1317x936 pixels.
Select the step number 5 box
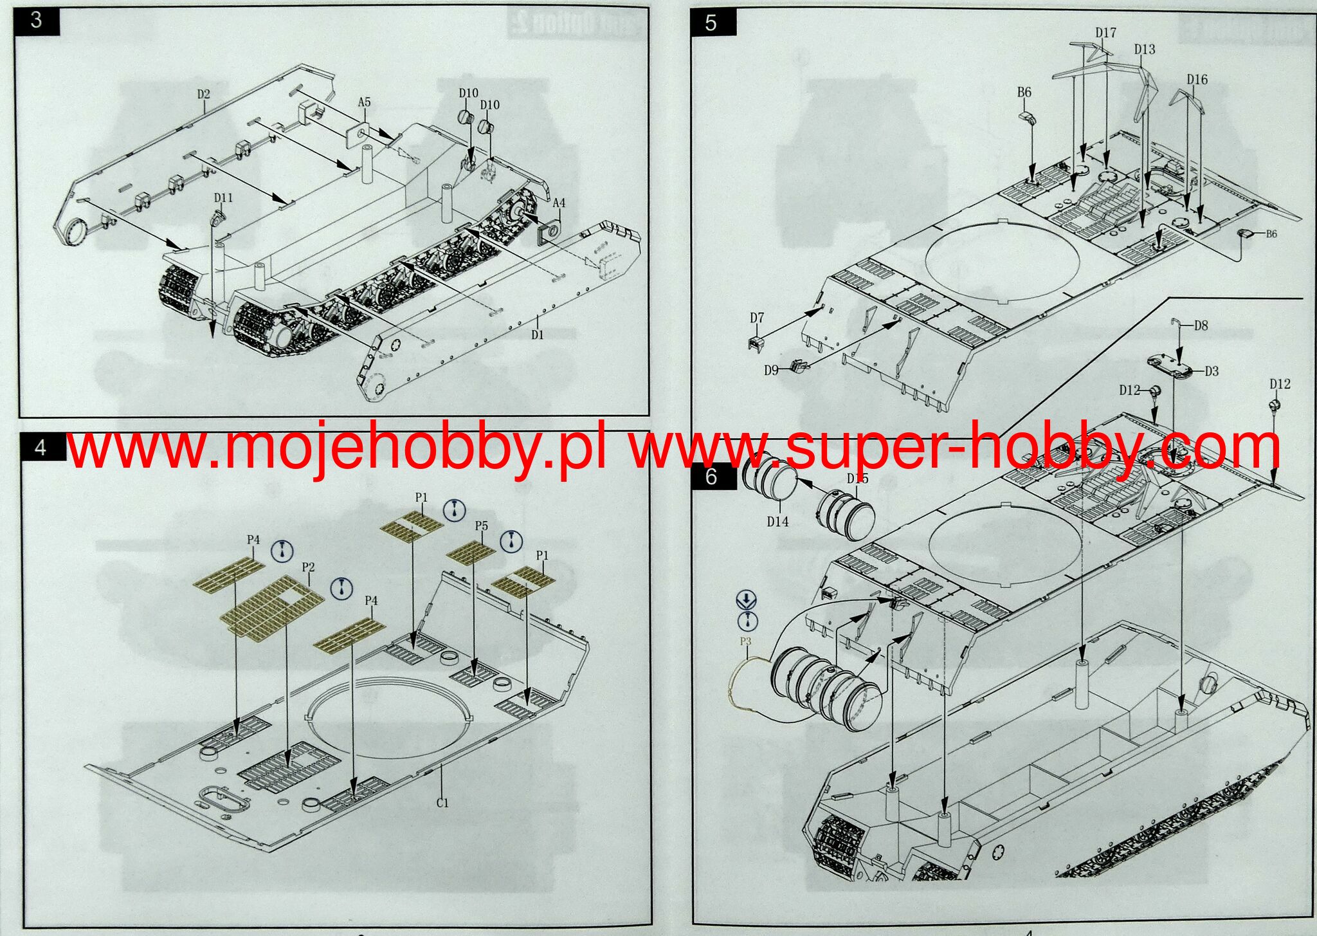coord(711,23)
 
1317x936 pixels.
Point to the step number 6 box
coord(711,477)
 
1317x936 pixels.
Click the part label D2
coord(203,94)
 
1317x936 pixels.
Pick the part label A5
coord(364,102)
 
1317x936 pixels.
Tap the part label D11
coord(223,197)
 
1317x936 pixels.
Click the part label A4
coord(559,203)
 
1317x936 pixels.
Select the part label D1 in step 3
coord(538,335)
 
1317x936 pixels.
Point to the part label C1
coord(442,802)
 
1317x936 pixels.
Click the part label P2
coord(308,567)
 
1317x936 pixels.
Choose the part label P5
coord(481,526)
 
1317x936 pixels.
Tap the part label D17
coord(1105,32)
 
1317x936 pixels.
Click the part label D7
coord(757,318)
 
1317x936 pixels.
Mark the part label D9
coord(772,370)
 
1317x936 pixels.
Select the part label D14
coord(777,522)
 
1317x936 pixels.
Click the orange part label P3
coord(745,641)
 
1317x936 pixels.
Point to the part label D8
coord(1201,326)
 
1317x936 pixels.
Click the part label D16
coord(1197,80)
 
